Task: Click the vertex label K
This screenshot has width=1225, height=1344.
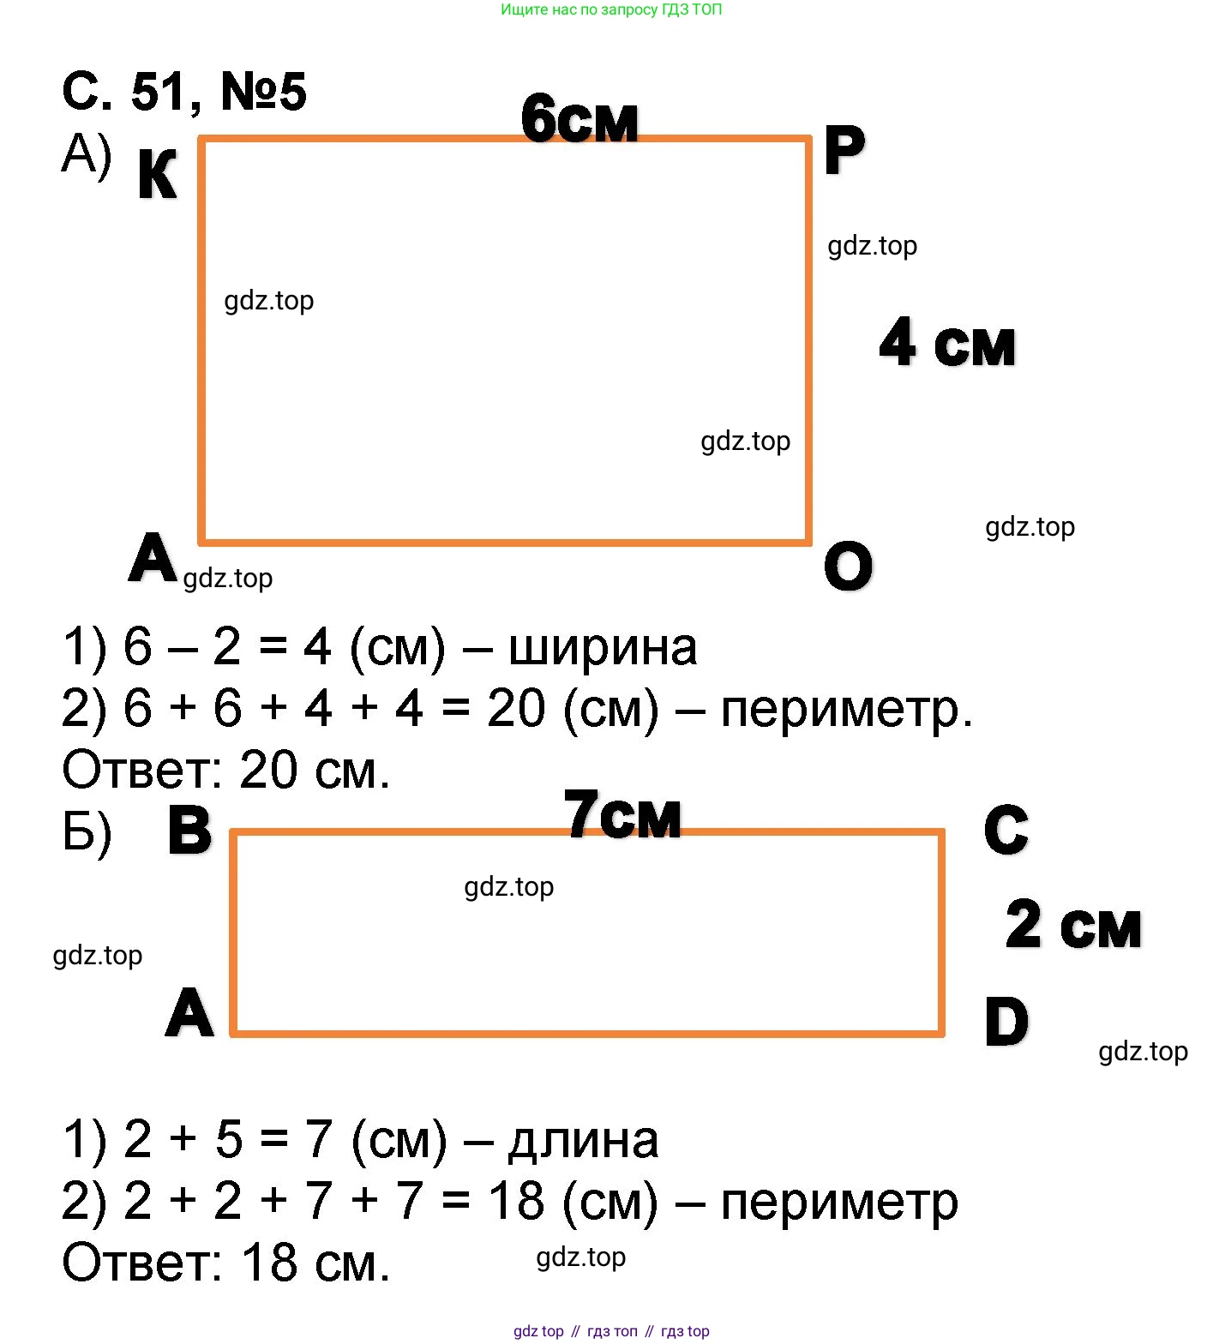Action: (157, 175)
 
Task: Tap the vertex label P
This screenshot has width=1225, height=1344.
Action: (844, 151)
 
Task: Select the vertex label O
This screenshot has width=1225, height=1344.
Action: (848, 567)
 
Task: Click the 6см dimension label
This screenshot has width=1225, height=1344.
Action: (579, 119)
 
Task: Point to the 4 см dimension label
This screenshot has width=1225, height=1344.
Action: (947, 343)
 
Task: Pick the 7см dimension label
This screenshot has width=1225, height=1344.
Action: (622, 814)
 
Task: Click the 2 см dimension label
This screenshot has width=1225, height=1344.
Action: (1073, 926)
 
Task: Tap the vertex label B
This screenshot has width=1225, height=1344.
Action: (189, 831)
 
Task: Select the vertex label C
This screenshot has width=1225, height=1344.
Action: (1006, 830)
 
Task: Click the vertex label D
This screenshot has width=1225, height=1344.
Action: (1006, 1023)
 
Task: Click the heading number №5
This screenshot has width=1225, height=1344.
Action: (263, 92)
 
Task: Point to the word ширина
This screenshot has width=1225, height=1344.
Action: (603, 647)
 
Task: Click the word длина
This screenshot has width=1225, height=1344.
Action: (583, 1141)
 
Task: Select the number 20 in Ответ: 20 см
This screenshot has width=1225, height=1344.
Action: (268, 771)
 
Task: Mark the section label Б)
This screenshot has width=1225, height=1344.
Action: (87, 832)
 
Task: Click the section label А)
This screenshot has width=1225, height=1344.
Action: (87, 155)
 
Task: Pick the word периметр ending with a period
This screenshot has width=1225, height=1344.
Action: (847, 711)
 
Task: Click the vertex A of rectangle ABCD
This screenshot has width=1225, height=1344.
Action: (189, 1013)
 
